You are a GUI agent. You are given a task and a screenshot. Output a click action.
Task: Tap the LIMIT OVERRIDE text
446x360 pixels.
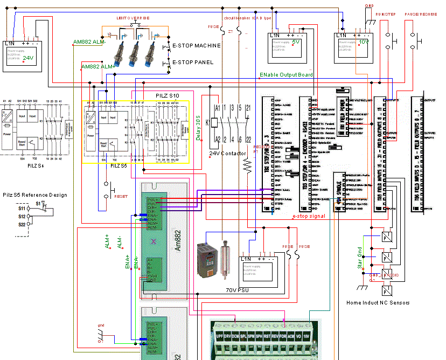[133, 18]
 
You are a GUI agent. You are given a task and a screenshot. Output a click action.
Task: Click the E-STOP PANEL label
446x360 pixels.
[192, 62]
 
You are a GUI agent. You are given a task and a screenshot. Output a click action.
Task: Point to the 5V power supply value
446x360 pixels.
[295, 41]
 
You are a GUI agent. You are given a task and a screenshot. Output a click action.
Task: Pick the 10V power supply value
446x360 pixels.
[364, 41]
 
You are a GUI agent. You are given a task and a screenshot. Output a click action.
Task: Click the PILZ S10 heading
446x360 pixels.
[168, 95]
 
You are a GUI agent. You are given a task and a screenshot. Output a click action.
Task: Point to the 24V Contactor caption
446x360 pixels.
[229, 154]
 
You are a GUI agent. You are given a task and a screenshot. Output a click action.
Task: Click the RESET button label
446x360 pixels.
[121, 197]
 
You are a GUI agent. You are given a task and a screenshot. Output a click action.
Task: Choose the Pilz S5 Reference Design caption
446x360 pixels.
[35, 195]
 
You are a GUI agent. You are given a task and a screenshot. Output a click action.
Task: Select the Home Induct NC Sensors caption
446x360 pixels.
[378, 303]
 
